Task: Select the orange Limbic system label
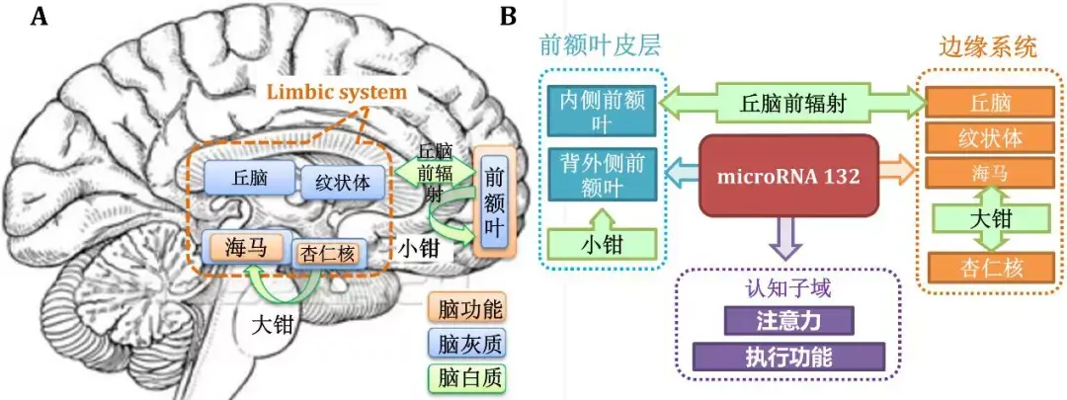335,93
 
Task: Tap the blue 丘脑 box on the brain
249,178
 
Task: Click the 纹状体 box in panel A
342,183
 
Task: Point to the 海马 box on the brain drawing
244,247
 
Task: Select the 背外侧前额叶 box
602,175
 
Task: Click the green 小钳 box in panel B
602,243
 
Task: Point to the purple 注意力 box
787,321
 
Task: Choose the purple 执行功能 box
787,357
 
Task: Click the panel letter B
508,17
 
